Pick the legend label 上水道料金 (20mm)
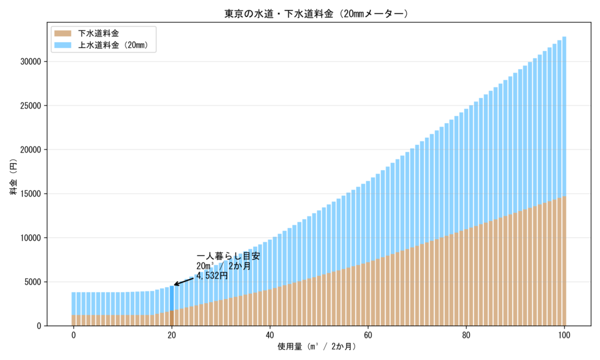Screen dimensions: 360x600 [117, 44]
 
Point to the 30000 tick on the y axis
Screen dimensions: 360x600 [29, 62]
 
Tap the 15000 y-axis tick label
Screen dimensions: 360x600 [29, 193]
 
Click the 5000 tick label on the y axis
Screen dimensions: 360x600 [32, 281]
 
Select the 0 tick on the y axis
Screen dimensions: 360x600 [38, 326]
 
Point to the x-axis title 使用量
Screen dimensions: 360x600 [316, 347]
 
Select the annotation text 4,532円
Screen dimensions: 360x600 [212, 275]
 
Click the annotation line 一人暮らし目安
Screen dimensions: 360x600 [228, 257]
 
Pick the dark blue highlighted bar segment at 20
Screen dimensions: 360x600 [172, 298]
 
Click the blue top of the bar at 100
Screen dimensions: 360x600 [564, 117]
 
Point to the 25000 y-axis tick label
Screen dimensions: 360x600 [29, 106]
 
